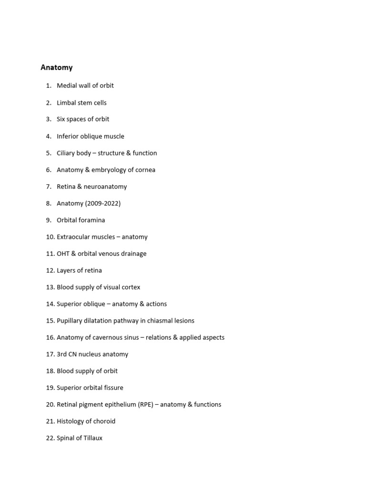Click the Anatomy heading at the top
pyautogui.click(x=57, y=68)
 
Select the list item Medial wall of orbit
pyautogui.click(x=85, y=86)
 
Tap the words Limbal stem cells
pyautogui.click(x=81, y=102)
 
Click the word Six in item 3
pyautogui.click(x=61, y=119)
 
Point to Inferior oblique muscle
pyautogui.click(x=91, y=136)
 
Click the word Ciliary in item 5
pyautogui.click(x=66, y=153)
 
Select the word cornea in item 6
pyautogui.click(x=145, y=170)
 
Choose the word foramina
pyautogui.click(x=92, y=220)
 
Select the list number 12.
pyautogui.click(x=50, y=270)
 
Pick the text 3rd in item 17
pyautogui.click(x=61, y=354)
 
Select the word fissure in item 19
pyautogui.click(x=113, y=387)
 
